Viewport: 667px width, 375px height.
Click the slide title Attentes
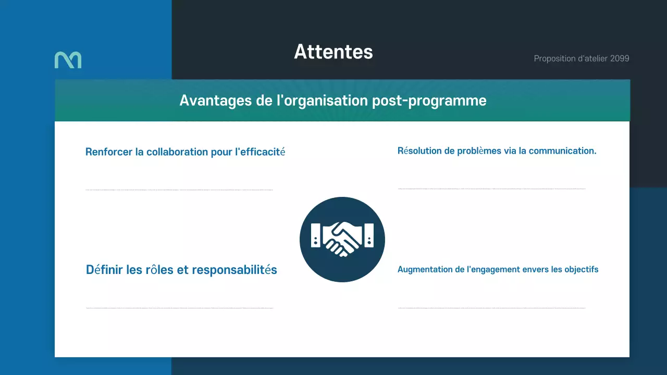333,52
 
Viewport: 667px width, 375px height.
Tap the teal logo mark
68,60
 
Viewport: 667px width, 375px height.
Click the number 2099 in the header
620,58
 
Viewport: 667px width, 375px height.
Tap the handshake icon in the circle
342,240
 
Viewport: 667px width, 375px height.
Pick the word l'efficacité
260,152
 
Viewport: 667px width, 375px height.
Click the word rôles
159,270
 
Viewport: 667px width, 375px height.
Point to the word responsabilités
234,270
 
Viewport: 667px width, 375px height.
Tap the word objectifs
582,269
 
